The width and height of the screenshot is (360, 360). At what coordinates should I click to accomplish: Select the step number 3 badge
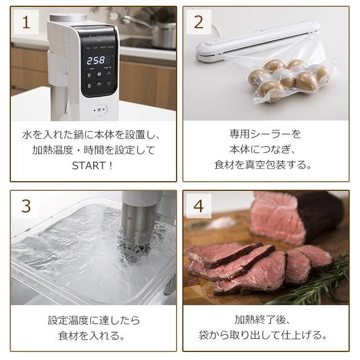coord(25,206)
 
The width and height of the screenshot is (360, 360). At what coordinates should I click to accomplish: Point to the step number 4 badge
coord(198,206)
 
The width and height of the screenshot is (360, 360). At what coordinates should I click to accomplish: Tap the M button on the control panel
coord(99,74)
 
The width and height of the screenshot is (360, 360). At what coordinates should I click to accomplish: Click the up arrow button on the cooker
coord(109,74)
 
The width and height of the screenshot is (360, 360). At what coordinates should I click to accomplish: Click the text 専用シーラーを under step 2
coord(265,134)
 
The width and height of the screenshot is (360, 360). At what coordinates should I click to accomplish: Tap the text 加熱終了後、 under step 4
coord(265,319)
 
